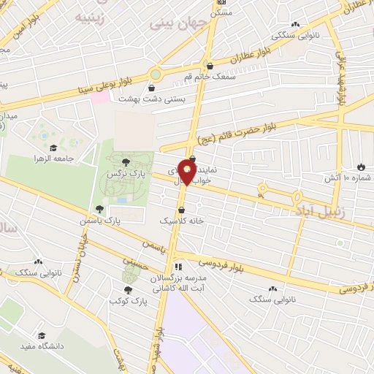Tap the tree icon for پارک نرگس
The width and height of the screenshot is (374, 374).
(x=126, y=163)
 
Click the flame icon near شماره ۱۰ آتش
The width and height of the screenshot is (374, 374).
(x=362, y=166)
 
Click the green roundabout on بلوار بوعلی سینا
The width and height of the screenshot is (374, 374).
(x=155, y=74)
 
